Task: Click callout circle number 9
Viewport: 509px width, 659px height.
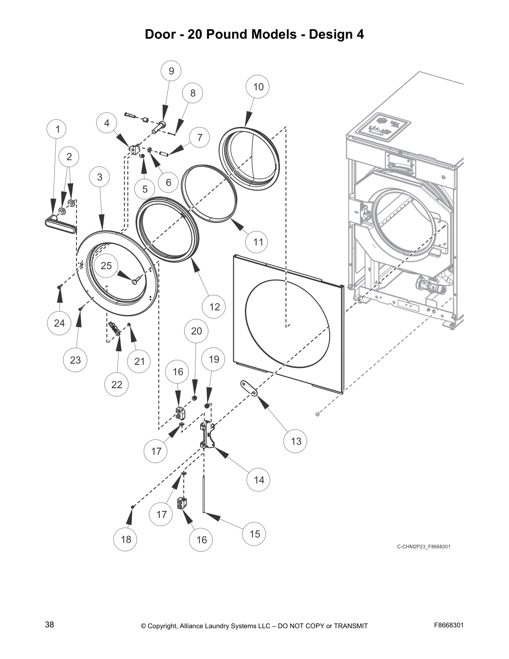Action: coord(171,71)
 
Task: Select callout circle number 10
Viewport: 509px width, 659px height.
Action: coord(258,87)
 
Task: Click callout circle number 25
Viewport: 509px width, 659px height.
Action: coord(106,265)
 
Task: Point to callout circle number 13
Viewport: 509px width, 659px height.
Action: coord(296,441)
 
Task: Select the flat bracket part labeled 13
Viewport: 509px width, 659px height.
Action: coord(250,388)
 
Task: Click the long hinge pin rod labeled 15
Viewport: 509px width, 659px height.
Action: coord(204,495)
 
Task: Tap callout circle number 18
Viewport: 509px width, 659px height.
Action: coord(126,539)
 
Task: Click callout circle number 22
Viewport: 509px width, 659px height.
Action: coord(117,384)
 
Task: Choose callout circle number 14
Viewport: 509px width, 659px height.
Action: coord(259,480)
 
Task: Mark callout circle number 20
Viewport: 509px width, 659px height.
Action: coord(196,331)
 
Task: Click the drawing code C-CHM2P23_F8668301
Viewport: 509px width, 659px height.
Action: coord(423,546)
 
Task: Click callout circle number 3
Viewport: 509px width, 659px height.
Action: coord(100,177)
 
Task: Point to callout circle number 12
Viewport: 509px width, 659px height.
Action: coord(214,307)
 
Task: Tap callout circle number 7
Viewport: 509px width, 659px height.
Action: coord(200,137)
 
